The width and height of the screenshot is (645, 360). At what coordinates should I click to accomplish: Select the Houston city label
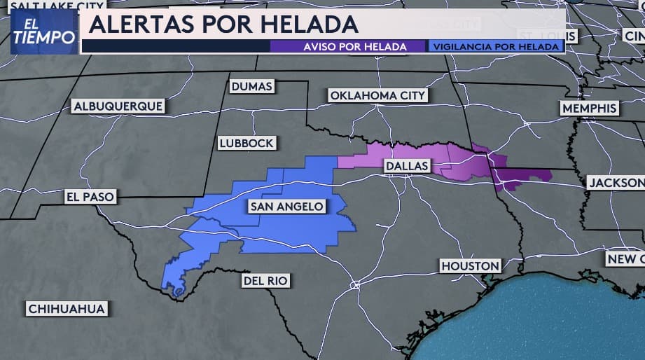point(470,266)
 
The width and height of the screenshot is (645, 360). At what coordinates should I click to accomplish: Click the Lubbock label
point(245,143)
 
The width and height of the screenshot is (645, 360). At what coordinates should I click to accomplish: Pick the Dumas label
point(251,86)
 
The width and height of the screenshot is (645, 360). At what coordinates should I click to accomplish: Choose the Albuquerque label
point(118,106)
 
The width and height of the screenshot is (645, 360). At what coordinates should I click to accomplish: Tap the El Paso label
point(89,197)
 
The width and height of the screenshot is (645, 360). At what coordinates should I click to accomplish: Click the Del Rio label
point(265,281)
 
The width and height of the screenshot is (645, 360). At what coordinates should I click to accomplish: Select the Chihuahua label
point(67,309)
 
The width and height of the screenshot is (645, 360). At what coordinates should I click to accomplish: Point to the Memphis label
point(589,109)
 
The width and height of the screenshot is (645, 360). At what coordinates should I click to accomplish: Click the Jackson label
point(615,182)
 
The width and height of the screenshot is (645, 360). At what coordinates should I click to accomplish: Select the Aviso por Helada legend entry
point(347,46)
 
